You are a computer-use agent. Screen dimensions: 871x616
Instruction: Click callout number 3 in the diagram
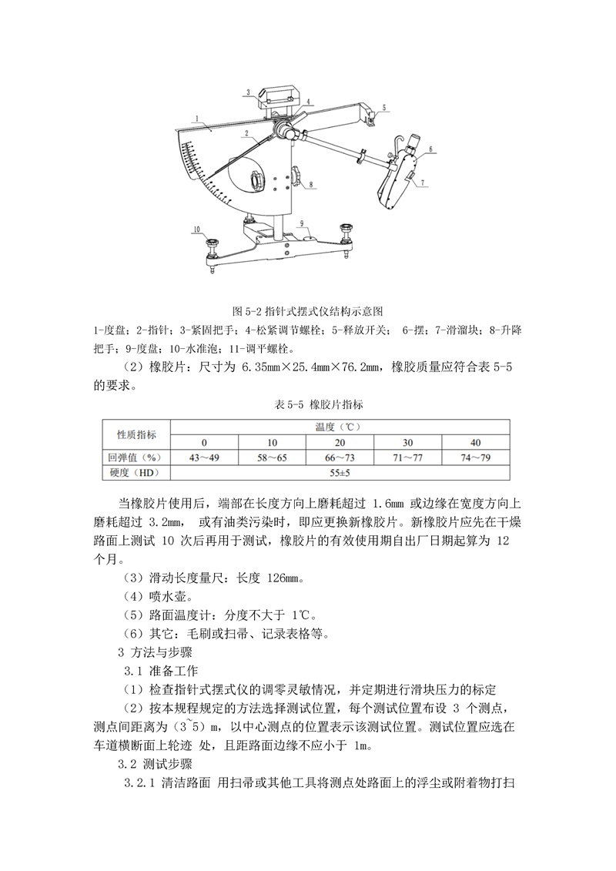(248, 92)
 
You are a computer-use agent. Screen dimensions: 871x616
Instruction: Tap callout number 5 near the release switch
(384, 108)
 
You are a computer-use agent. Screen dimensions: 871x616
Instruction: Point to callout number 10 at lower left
(196, 229)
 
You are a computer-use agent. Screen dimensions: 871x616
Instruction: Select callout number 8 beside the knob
(313, 185)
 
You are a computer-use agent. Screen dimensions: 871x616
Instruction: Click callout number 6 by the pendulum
(430, 149)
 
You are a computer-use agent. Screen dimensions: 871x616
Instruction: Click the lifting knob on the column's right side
(296, 178)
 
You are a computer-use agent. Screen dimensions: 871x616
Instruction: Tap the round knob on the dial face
(255, 181)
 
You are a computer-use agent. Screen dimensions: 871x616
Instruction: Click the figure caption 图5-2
(308, 311)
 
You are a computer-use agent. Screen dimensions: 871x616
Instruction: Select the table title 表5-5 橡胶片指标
(308, 404)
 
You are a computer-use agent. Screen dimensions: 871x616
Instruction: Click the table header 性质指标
(136, 434)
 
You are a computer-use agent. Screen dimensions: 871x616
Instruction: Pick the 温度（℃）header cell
(339, 426)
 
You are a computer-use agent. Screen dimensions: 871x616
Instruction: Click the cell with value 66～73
(339, 457)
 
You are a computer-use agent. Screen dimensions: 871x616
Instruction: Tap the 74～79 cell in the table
(475, 457)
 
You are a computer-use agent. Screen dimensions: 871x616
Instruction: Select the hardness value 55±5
(339, 472)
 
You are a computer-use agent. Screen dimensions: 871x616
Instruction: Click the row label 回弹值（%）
(136, 457)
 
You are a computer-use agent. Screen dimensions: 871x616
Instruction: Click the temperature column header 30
(407, 442)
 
